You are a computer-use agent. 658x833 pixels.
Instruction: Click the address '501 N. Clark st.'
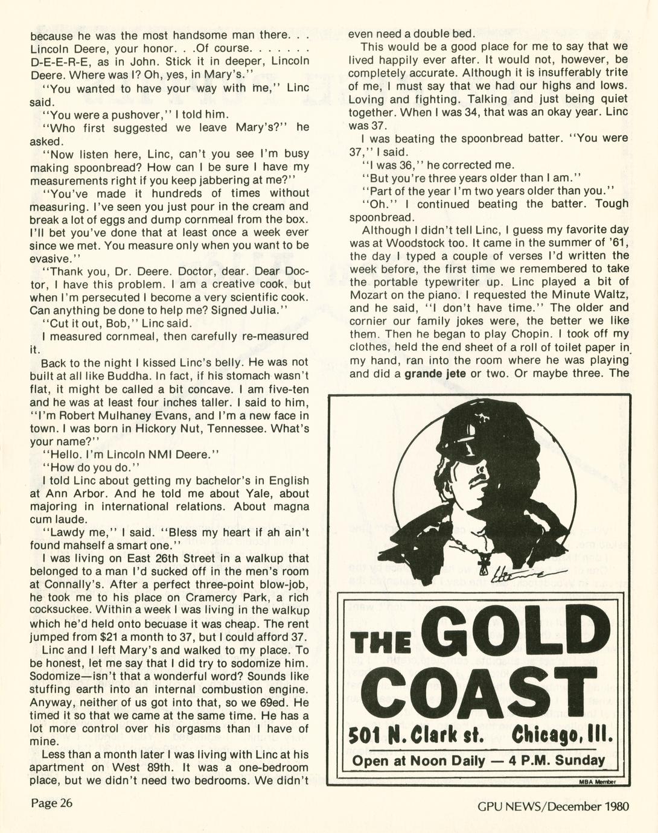coord(417,736)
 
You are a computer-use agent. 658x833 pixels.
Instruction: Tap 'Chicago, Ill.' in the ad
coord(561,736)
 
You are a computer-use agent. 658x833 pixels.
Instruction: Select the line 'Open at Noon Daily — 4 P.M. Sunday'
coord(478,760)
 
